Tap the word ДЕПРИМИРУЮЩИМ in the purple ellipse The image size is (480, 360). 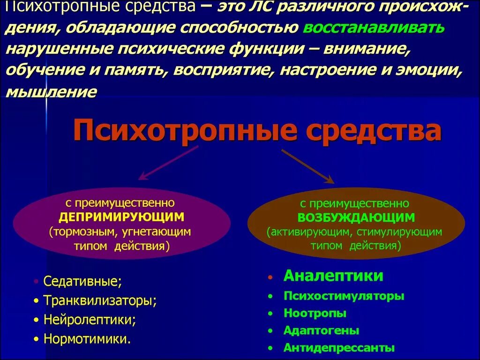pyautogui.click(x=121, y=217)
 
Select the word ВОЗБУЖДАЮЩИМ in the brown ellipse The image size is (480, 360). pyautogui.click(x=356, y=217)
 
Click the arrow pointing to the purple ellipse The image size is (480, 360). pyautogui.click(x=169, y=163)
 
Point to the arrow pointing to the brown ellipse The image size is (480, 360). pyautogui.click(x=307, y=166)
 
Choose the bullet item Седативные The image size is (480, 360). pyautogui.click(x=82, y=281)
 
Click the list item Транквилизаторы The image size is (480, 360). pyautogui.click(x=99, y=300)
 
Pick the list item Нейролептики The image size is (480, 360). pyautogui.click(x=89, y=320)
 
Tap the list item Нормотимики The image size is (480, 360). pyautogui.click(x=87, y=338)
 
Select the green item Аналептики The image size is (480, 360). pyautogui.click(x=333, y=276)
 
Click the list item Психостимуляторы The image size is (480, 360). pyautogui.click(x=344, y=296)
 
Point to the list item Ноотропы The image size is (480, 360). pyautogui.click(x=315, y=313)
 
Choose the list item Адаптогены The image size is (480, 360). pyautogui.click(x=321, y=330)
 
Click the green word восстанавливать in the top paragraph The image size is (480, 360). pyautogui.click(x=374, y=28)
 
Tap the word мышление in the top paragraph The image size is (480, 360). pyautogui.click(x=51, y=91)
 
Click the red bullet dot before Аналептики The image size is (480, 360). pyautogui.click(x=270, y=278)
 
